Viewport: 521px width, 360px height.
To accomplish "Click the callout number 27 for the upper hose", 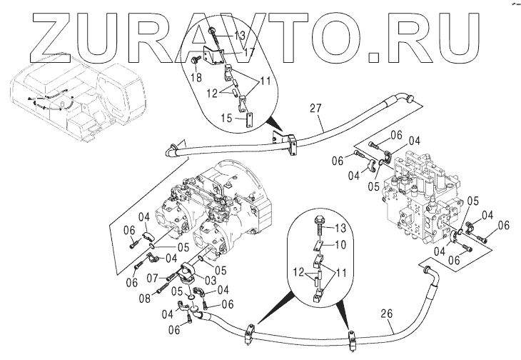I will (x=316, y=108).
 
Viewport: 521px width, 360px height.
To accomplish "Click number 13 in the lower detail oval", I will (x=340, y=227).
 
